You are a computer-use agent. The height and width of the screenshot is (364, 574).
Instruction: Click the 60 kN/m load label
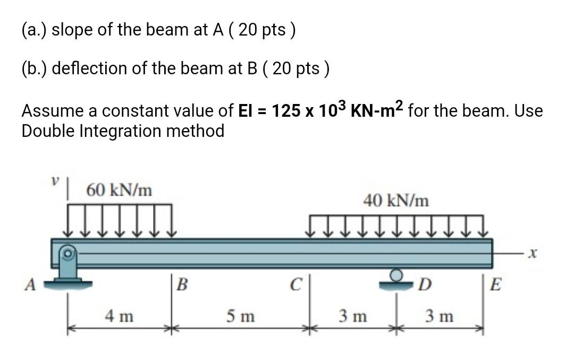pyautogui.click(x=119, y=189)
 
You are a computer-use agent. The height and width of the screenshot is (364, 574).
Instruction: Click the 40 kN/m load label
pyautogui.click(x=396, y=201)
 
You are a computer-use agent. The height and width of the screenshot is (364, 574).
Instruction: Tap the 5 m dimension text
pyautogui.click(x=240, y=317)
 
